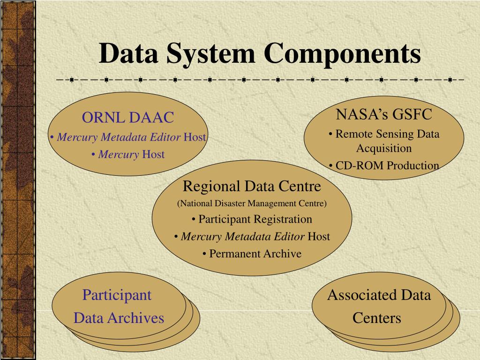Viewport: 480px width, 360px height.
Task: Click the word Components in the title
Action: [342, 53]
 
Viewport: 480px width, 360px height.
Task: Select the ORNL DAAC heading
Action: [128, 117]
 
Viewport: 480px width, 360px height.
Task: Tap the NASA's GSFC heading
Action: [384, 114]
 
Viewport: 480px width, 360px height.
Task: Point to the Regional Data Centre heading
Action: [252, 186]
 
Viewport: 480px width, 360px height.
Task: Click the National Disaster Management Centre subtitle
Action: [252, 203]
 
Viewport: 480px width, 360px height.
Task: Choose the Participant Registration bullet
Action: [252, 219]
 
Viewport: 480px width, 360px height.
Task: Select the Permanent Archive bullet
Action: [252, 254]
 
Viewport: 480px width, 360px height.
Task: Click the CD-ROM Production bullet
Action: [384, 165]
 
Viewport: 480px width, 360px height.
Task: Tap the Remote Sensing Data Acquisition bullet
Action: [384, 141]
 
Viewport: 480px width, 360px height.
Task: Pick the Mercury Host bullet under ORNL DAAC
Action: [128, 154]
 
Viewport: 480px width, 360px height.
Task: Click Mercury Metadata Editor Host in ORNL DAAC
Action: [128, 137]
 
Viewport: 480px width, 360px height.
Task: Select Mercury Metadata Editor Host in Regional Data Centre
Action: [252, 236]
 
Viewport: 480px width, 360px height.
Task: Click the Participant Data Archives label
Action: [118, 307]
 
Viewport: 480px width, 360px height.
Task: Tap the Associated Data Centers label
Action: [378, 307]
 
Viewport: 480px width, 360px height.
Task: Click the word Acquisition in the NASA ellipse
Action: [384, 149]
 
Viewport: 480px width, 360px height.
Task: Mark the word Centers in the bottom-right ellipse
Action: [377, 318]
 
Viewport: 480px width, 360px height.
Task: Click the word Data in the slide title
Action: [127, 53]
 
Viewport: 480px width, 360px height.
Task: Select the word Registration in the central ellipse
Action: [283, 219]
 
